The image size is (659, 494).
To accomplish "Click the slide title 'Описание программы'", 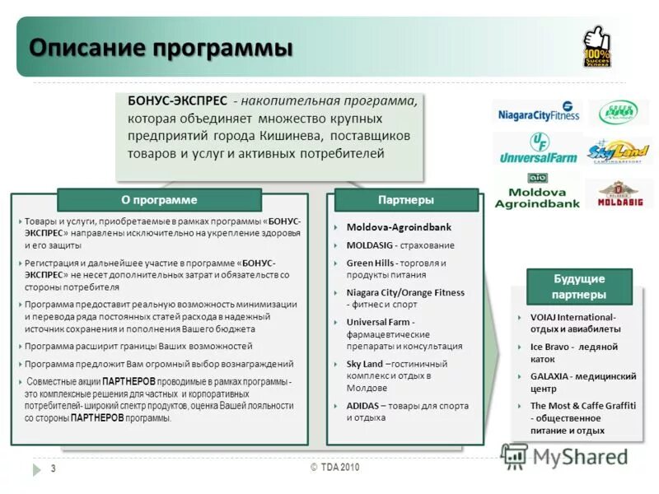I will [161, 46].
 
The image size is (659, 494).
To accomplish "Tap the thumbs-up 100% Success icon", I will [596, 47].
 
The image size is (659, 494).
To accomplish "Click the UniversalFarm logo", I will [537, 148].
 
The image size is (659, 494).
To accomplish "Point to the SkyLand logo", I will [618, 151].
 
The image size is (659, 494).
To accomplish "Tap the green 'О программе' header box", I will [159, 200].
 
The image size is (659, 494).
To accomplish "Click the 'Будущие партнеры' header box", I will [579, 287].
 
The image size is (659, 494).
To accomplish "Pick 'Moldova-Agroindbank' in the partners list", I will [399, 227].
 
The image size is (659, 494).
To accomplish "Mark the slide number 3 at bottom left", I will [53, 468].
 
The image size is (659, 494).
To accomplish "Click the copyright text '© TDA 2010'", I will [334, 467].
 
